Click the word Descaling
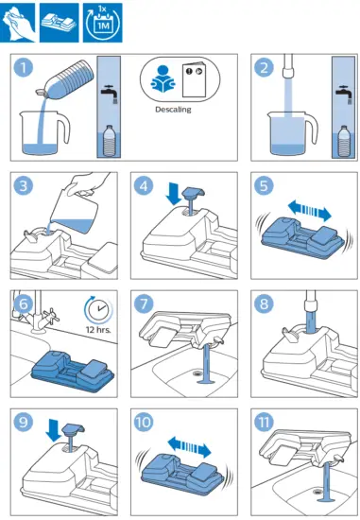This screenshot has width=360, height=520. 173,110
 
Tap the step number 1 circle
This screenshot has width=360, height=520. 24,67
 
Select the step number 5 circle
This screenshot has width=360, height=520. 264,185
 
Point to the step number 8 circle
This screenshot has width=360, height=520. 264,303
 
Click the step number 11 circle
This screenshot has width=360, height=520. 264,422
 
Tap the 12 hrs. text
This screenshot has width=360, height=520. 98,330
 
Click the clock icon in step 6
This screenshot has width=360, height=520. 98,309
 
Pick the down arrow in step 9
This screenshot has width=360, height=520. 53,430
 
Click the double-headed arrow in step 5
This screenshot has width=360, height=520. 310,211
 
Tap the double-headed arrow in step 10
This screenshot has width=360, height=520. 189,447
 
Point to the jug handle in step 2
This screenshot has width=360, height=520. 312,128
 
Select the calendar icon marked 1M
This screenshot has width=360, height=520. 102,23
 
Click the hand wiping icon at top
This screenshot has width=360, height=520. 18,23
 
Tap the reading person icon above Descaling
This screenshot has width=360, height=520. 163,78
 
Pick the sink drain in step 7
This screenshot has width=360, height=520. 197,373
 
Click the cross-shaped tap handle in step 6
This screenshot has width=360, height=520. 52,315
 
